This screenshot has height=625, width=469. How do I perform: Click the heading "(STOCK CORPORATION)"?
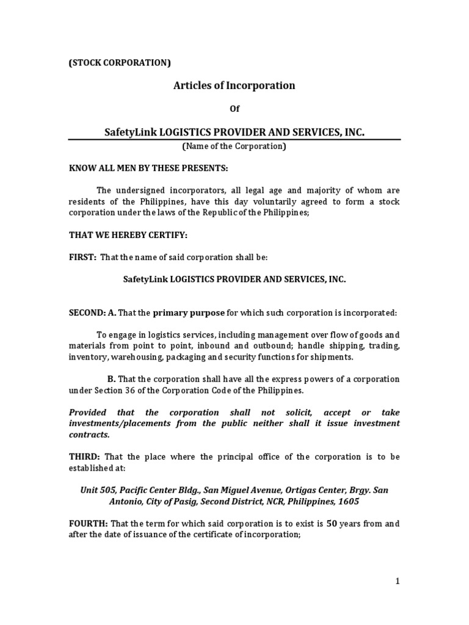click(119, 62)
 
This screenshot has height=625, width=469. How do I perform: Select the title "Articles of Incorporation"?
click(234, 85)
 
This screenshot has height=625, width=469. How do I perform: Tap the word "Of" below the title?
click(234, 109)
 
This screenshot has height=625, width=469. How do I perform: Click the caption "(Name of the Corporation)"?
click(234, 146)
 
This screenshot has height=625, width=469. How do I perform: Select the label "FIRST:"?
click(82, 258)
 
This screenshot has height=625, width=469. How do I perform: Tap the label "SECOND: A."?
click(92, 313)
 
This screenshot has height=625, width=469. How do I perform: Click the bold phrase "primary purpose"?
click(189, 313)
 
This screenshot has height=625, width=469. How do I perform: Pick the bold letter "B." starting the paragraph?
click(111, 379)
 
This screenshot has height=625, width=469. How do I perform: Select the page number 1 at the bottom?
click(398, 582)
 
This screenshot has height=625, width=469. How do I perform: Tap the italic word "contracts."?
click(89, 435)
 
